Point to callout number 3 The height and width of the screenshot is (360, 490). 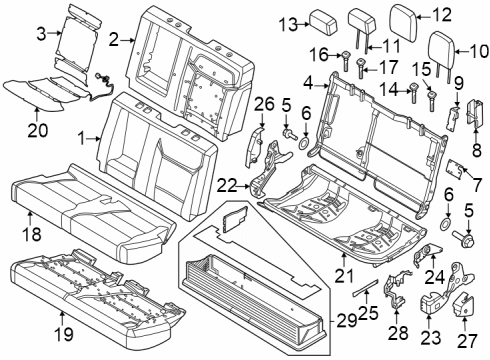(40, 34)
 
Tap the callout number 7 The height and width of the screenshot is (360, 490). (476, 183)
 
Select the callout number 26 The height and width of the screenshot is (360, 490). (263, 103)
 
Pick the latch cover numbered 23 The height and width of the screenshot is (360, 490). (434, 305)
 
